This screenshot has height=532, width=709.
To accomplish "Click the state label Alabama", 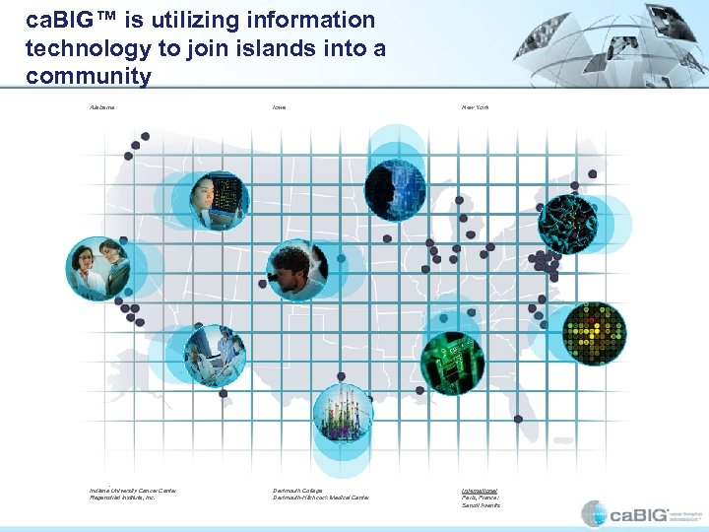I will tap(101, 106).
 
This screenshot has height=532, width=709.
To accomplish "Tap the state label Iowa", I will tap(281, 106).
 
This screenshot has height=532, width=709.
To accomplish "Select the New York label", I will tap(475, 106).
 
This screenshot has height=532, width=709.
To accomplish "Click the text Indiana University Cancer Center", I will tap(133, 490).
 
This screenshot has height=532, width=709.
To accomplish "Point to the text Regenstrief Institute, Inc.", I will tap(123, 498).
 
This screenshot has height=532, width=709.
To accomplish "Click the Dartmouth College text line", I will tap(297, 490).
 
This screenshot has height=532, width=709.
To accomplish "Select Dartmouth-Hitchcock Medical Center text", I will tap(321, 498).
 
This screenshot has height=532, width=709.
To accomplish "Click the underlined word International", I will tap(480, 490).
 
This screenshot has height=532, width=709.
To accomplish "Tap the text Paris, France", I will tap(480, 498).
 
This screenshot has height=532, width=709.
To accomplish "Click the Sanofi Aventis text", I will tap(480, 505).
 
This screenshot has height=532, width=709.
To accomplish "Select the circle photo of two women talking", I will tap(97, 268).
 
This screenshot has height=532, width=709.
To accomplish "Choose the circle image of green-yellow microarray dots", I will tap(594, 333).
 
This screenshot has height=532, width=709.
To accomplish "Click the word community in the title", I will tap(90, 76).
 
